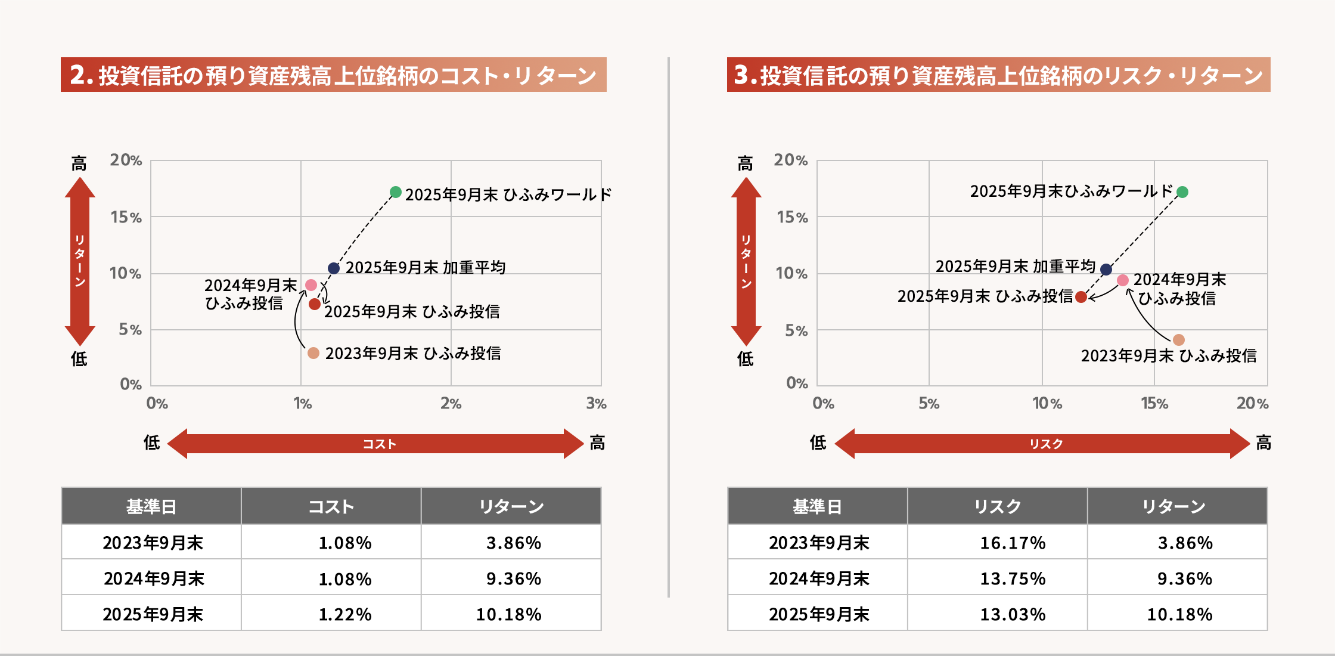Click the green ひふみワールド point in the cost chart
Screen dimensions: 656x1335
click(x=395, y=192)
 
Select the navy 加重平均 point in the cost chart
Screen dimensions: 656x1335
click(x=334, y=268)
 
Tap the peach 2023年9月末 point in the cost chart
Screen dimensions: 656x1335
click(x=313, y=353)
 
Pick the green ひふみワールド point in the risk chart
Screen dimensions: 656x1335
click(x=1182, y=192)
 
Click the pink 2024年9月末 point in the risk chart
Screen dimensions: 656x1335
click(x=1123, y=280)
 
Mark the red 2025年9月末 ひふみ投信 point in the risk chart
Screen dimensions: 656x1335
click(x=1081, y=297)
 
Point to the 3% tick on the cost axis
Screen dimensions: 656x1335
click(x=596, y=404)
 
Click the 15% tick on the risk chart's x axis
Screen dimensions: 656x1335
click(x=1154, y=404)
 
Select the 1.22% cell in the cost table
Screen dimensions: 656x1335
click(x=344, y=614)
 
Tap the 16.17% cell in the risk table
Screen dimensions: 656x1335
click(x=1013, y=543)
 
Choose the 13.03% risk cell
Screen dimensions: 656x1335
click(x=1013, y=614)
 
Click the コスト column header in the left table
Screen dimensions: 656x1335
click(x=331, y=507)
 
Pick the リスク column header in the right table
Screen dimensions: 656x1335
click(x=997, y=507)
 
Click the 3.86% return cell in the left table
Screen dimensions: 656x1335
click(x=513, y=543)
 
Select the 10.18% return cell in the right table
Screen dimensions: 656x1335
click(x=1179, y=614)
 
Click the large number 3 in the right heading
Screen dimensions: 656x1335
click(x=741, y=75)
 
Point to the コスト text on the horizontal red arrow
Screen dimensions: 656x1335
click(x=379, y=444)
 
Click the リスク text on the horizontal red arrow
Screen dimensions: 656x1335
click(x=1046, y=444)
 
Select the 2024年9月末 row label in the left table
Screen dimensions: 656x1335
click(x=154, y=578)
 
